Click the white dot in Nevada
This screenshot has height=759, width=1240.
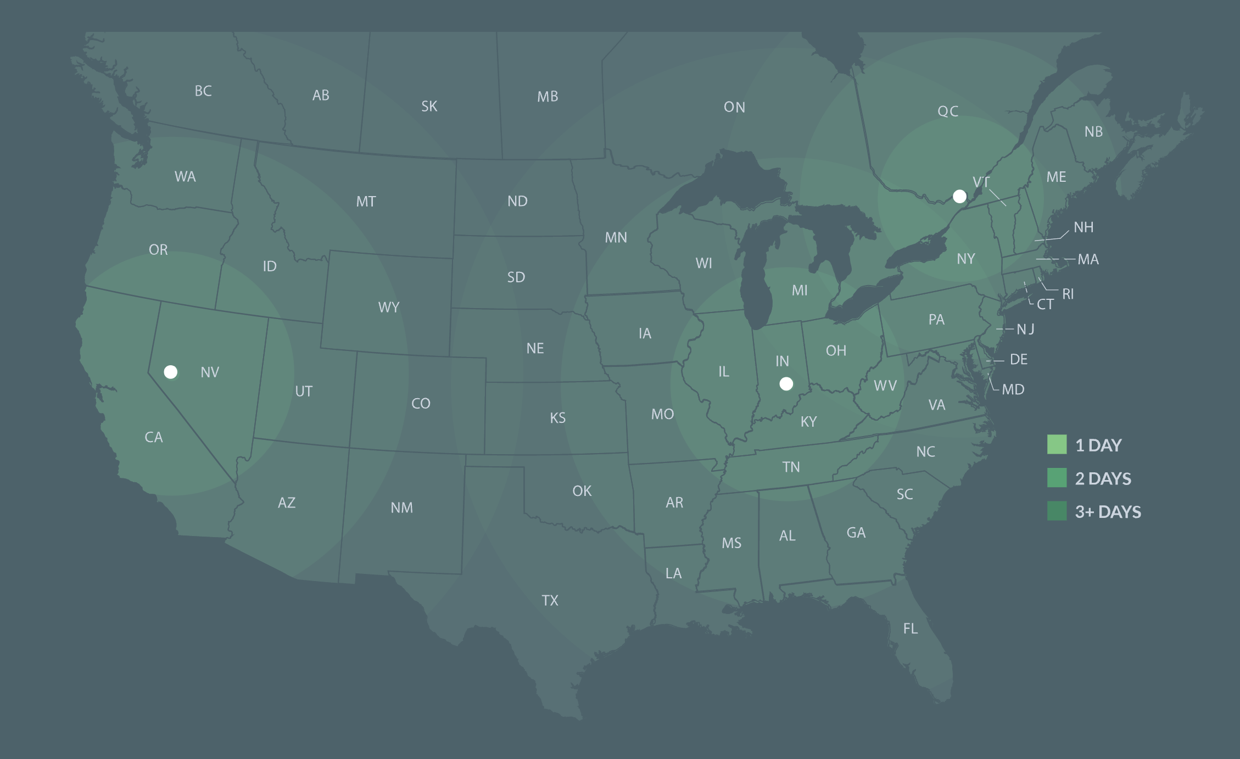tap(171, 372)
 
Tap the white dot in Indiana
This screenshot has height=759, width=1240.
tap(786, 384)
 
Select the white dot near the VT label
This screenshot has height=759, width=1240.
tap(959, 196)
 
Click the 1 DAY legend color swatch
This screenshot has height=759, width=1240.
tap(1057, 444)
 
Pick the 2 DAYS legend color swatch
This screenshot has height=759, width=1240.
tap(1057, 478)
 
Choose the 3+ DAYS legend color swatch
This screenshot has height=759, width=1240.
tap(1057, 511)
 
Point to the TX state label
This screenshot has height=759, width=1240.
tap(550, 600)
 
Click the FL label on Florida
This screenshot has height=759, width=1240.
tap(911, 628)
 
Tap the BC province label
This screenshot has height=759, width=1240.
tap(203, 91)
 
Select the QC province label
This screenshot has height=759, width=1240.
tap(948, 111)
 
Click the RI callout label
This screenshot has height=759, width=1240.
tap(1068, 294)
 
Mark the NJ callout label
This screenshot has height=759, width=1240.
tap(1025, 329)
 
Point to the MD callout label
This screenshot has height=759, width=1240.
tap(1013, 389)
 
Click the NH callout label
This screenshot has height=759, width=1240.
tap(1083, 227)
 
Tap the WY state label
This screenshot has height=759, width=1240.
tap(389, 308)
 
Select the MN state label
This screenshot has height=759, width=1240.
tap(616, 237)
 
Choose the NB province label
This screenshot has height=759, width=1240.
tap(1093, 132)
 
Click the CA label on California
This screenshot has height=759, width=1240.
tap(154, 437)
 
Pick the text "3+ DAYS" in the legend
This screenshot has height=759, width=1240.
tap(1108, 512)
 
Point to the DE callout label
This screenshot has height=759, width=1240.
tap(1019, 359)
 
